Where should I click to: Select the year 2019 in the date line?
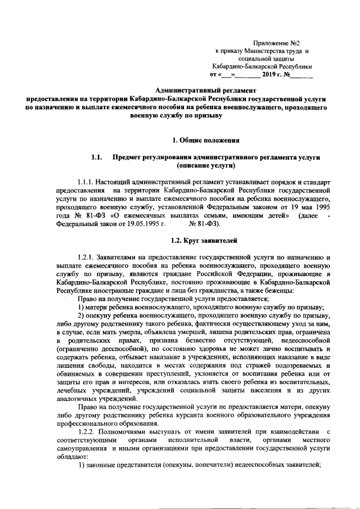tap(269, 74)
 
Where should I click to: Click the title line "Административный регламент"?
tap(205, 90)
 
